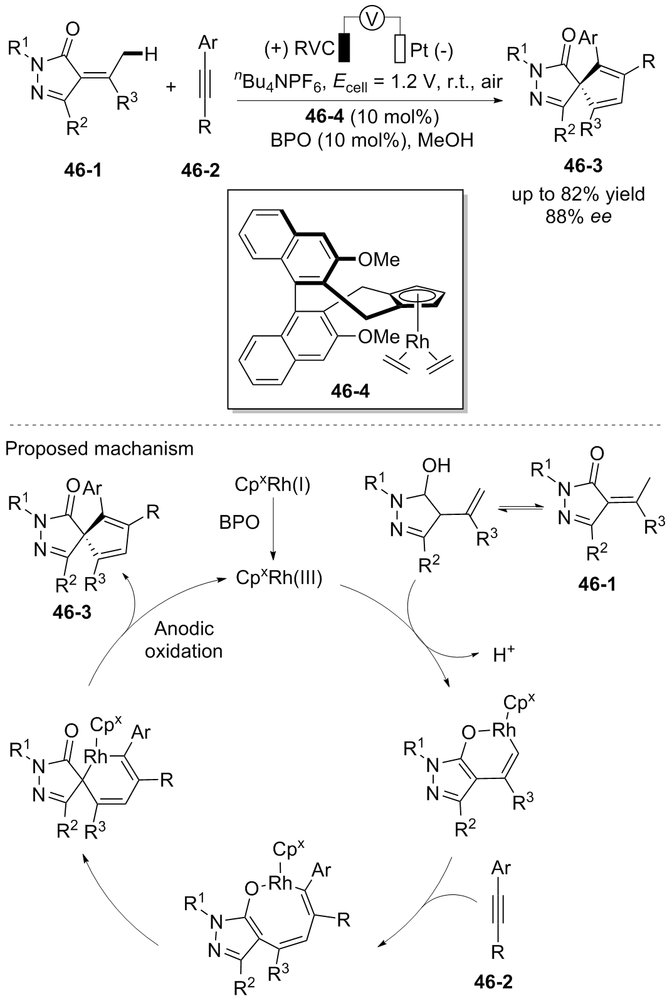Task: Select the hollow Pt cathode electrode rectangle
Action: click(401, 49)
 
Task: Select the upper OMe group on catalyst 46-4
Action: click(379, 259)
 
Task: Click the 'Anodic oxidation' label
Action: click(184, 640)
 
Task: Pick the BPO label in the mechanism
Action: click(239, 522)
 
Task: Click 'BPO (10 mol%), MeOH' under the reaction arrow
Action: click(369, 141)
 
